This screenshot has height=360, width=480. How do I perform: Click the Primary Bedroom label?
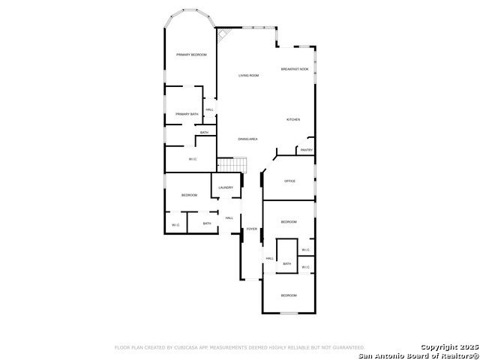tap(191, 55)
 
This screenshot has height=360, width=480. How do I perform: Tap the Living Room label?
tap(249, 76)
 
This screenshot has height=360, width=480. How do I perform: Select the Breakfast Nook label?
tap(295, 69)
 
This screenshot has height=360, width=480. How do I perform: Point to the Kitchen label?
tap(293, 120)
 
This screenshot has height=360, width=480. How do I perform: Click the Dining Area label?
tap(248, 139)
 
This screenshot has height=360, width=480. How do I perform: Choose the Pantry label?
tap(306, 150)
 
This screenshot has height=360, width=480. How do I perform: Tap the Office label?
tap(289, 181)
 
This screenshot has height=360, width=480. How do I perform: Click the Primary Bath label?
tap(187, 114)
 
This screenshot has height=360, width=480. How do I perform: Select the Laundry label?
tap(226, 187)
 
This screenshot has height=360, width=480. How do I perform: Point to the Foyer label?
tap(252, 229)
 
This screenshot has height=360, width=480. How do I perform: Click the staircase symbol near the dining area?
tap(232, 164)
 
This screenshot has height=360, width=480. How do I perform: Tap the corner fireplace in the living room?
tap(223, 34)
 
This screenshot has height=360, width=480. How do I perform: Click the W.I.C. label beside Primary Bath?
tap(193, 159)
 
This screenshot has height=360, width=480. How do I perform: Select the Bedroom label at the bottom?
tap(289, 295)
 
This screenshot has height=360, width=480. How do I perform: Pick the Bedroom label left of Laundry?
tap(189, 196)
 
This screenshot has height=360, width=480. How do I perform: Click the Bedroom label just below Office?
tap(289, 222)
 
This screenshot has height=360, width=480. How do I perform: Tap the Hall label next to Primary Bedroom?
tap(209, 110)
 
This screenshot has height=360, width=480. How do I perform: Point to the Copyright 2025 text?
tap(448, 346)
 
